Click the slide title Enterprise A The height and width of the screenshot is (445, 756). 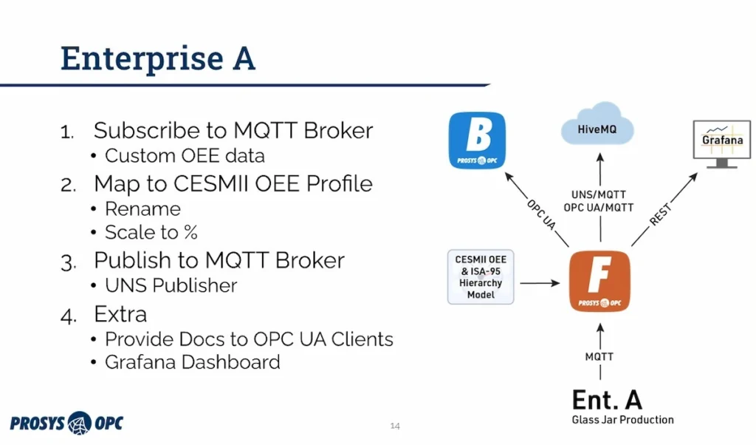(x=157, y=58)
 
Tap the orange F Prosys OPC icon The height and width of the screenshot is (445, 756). (x=600, y=281)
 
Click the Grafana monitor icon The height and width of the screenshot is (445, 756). (x=721, y=143)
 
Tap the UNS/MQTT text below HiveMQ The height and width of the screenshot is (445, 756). (x=600, y=194)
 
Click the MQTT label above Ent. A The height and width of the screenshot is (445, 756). (x=599, y=356)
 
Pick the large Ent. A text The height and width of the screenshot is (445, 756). (x=607, y=399)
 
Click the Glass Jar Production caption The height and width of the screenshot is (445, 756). (x=622, y=420)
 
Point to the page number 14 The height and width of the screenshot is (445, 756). (x=395, y=426)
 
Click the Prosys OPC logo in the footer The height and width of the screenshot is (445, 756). (x=66, y=423)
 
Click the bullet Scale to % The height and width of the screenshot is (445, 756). (x=151, y=232)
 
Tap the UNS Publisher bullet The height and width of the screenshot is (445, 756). (x=171, y=285)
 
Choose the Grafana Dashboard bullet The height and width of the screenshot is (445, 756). (x=192, y=361)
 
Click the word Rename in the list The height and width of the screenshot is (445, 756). (x=142, y=208)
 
